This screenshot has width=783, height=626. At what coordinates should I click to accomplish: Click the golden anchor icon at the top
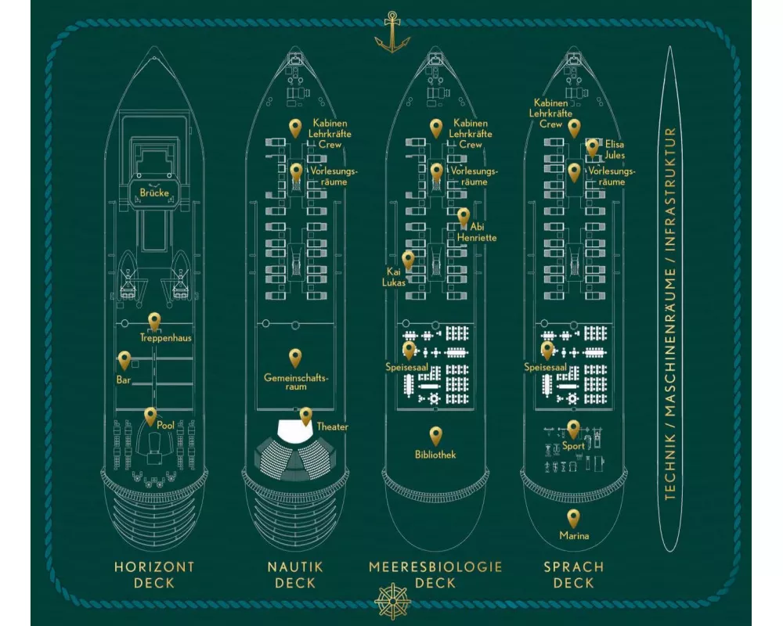[392, 32]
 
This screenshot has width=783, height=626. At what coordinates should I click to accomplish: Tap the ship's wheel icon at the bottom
[392, 601]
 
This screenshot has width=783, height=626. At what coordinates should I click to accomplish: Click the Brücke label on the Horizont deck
[154, 192]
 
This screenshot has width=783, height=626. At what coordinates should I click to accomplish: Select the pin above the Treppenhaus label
[154, 322]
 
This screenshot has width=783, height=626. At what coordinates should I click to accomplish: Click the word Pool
[166, 426]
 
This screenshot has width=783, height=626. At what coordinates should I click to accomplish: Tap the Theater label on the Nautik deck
[333, 426]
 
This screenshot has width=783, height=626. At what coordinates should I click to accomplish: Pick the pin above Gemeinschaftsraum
[295, 358]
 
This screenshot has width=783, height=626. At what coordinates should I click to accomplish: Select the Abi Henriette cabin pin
[464, 218]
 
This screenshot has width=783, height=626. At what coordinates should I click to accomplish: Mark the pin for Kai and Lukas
[408, 261]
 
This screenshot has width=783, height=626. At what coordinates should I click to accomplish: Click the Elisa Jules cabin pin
[592, 148]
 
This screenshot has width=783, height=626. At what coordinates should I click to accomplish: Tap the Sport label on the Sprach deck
[573, 446]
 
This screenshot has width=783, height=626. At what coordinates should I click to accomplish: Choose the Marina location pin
[573, 519]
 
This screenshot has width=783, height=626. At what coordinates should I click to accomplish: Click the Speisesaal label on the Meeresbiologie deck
[406, 368]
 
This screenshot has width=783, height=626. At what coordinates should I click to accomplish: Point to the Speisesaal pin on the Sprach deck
[547, 351]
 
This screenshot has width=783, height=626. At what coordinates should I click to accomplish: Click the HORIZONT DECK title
[154, 575]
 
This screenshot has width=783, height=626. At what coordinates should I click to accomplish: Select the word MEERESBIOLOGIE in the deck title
[435, 567]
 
